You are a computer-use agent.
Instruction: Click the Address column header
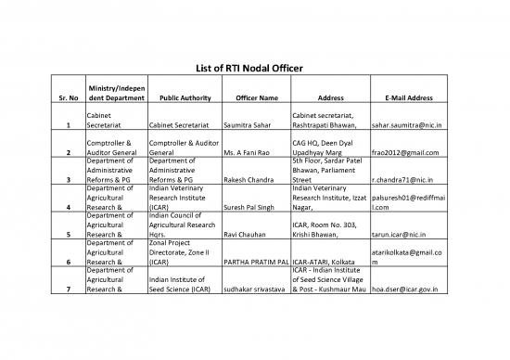coord(330,96)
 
